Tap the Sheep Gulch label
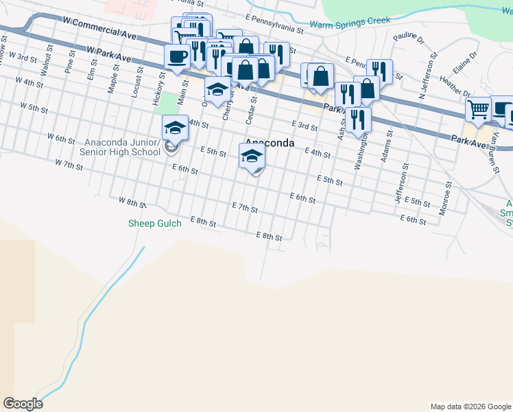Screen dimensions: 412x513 coord(155,223)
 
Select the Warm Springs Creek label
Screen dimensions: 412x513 coord(350,22)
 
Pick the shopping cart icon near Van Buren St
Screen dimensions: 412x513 coord(478,109)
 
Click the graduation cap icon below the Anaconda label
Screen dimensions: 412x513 coord(252,156)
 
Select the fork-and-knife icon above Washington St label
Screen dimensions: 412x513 coord(357,119)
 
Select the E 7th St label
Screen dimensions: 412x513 coord(245,207)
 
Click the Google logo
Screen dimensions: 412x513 coord(23,404)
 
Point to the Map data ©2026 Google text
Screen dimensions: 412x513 coord(469,407)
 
